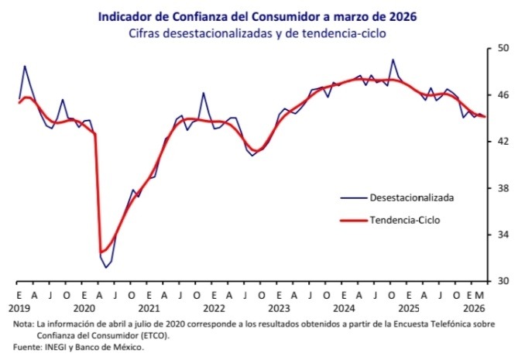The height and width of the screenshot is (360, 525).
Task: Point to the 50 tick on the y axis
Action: (503, 48)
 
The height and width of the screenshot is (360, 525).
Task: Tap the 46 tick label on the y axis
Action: (503, 94)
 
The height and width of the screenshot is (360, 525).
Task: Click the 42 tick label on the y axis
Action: (503, 141)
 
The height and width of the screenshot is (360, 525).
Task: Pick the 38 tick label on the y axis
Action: (503, 188)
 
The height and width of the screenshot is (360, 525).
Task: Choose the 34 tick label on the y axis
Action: (503, 235)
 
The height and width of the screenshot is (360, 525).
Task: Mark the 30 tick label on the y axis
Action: (503, 281)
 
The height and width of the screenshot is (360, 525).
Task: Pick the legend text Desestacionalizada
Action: (411, 197)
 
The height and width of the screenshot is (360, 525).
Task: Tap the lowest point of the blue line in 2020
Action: (105, 268)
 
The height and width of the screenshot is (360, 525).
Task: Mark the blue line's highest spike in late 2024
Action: (393, 60)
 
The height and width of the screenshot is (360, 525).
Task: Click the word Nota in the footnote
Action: (23, 324)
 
